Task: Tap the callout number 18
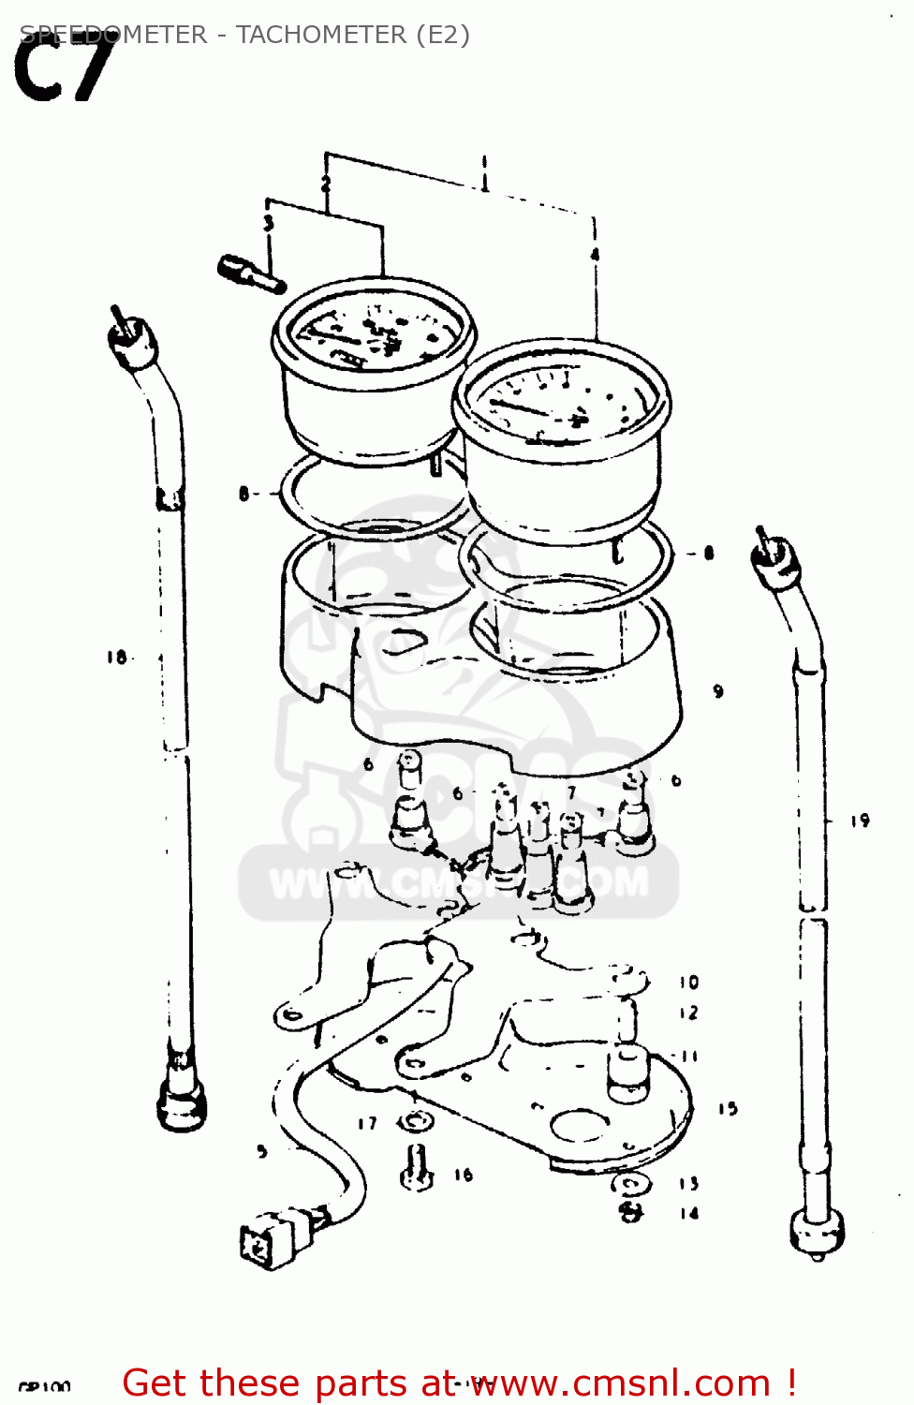click(x=116, y=658)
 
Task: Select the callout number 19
click(x=860, y=821)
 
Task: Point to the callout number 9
click(x=717, y=691)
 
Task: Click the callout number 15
click(x=728, y=1109)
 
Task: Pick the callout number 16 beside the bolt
click(x=464, y=1175)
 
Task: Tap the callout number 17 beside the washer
click(x=367, y=1123)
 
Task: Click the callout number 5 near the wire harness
click(x=262, y=1151)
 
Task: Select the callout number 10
click(x=689, y=983)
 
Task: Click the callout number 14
click(x=689, y=1214)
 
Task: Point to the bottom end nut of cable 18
click(x=181, y=1096)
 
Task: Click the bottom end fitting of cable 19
click(x=817, y=1232)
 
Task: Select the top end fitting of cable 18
click(x=131, y=342)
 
